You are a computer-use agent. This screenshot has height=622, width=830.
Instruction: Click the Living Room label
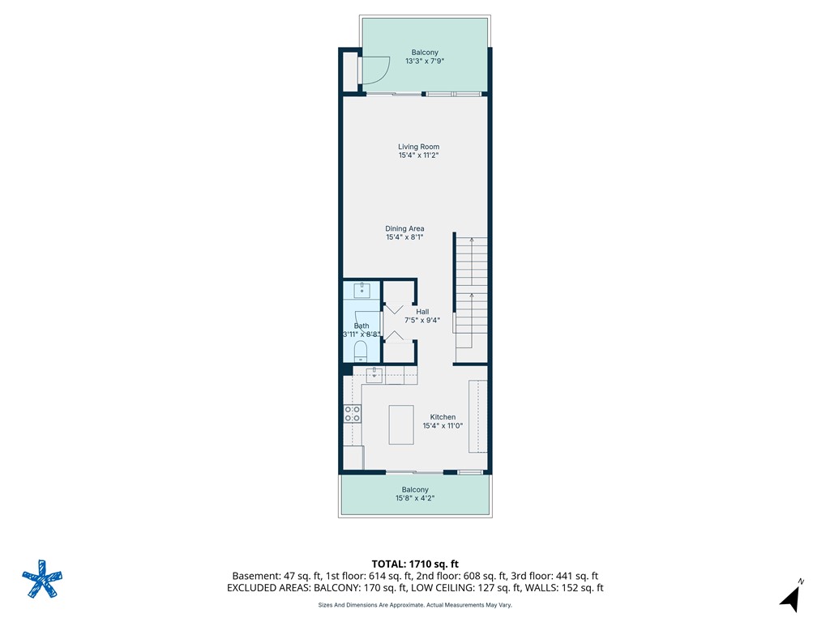click(x=419, y=147)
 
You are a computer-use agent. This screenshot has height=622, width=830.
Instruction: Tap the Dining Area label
click(x=404, y=228)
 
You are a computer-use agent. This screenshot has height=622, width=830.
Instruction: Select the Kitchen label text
click(x=443, y=417)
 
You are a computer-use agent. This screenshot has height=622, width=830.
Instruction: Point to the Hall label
click(x=422, y=312)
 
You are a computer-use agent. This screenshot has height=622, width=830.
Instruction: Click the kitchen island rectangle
click(x=401, y=424)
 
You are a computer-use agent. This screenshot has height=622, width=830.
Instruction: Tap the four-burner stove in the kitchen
click(x=353, y=414)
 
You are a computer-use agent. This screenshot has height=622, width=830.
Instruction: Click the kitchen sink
click(x=374, y=375)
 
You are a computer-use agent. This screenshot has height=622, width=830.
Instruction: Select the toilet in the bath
click(x=361, y=351)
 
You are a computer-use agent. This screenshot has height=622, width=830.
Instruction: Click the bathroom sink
click(x=362, y=290)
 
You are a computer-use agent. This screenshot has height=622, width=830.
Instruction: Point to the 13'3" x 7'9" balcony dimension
click(x=425, y=61)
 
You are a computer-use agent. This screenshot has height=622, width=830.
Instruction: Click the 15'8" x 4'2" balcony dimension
click(x=415, y=498)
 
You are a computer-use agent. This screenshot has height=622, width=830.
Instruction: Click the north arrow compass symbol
click(x=791, y=597)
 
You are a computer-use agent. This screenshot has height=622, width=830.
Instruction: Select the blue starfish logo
click(x=42, y=579)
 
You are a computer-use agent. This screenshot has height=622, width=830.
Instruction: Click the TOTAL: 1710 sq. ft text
click(x=415, y=564)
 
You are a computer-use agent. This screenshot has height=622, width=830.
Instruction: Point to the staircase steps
click(x=471, y=292)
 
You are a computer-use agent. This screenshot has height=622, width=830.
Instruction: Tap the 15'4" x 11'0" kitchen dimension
click(x=443, y=425)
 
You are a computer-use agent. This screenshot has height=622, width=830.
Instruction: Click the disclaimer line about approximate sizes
click(x=415, y=604)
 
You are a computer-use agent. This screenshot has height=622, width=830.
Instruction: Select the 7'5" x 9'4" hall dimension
click(x=422, y=320)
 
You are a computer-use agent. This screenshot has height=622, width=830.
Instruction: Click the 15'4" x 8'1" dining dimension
click(x=404, y=237)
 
